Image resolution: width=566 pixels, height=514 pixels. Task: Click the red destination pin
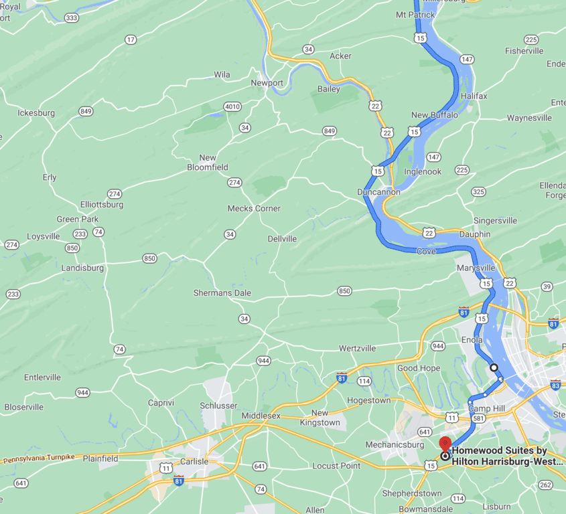tap(445, 445)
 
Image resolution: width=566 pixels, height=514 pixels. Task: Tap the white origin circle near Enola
tap(494, 367)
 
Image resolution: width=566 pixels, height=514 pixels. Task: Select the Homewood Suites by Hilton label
tap(507, 456)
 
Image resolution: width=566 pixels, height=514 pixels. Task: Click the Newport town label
tap(267, 83)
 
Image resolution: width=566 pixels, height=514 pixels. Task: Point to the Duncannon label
tap(378, 192)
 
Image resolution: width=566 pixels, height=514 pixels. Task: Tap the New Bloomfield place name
tap(208, 163)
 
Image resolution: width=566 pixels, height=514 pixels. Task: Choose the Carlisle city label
tap(194, 462)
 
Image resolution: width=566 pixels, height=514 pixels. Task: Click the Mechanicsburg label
tap(395, 445)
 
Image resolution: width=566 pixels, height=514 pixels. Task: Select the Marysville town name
tap(476, 268)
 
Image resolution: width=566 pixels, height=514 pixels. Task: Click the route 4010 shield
tap(232, 107)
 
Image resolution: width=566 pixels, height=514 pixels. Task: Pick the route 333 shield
tap(72, 17)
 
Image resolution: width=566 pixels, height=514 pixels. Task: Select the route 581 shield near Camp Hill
tap(478, 418)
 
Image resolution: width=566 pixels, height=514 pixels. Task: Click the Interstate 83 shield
tap(555, 385)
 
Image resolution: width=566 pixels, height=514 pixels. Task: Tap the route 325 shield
tap(478, 192)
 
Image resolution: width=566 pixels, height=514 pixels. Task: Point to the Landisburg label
tap(82, 268)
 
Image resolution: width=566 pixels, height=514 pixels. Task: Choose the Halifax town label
tap(474, 96)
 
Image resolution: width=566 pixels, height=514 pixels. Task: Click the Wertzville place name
tap(357, 349)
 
